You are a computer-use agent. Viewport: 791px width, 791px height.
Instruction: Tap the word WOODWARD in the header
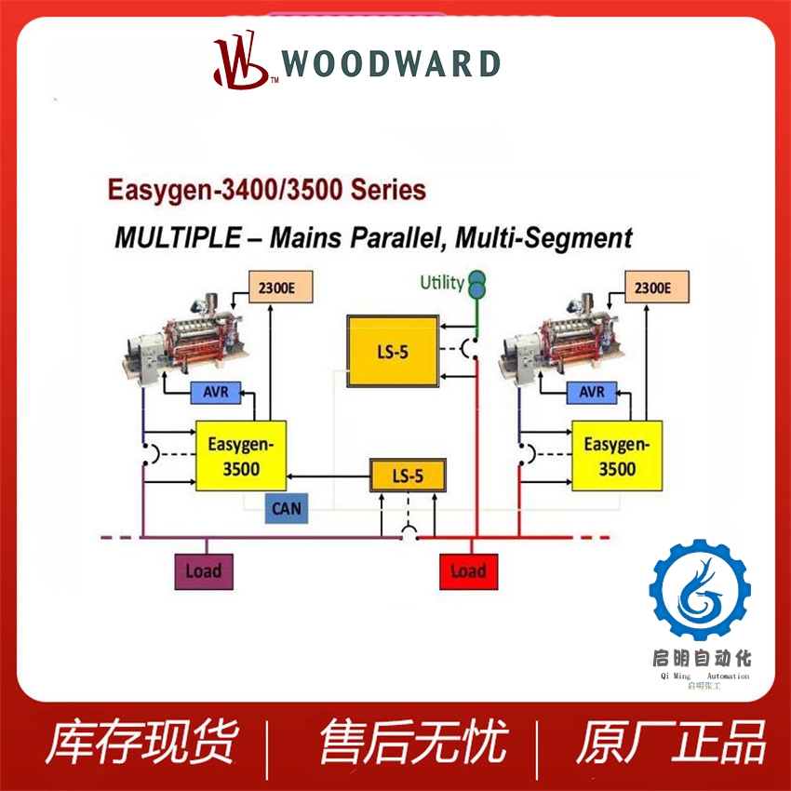391,64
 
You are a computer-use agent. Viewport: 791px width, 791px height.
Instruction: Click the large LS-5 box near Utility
392,352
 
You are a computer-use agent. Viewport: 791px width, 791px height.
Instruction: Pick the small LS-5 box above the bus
408,476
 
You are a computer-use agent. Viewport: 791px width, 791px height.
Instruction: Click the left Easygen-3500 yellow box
240,456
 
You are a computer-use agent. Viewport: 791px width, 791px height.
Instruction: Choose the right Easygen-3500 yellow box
616,456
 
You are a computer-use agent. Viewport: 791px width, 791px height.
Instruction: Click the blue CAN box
287,508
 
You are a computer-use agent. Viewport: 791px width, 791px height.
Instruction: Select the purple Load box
203,570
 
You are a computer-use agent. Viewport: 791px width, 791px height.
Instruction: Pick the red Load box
467,570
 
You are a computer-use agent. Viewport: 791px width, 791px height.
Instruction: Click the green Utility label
441,282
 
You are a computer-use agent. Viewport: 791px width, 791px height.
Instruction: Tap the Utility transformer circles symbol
477,284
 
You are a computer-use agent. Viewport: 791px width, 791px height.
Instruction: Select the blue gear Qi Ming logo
698,589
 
